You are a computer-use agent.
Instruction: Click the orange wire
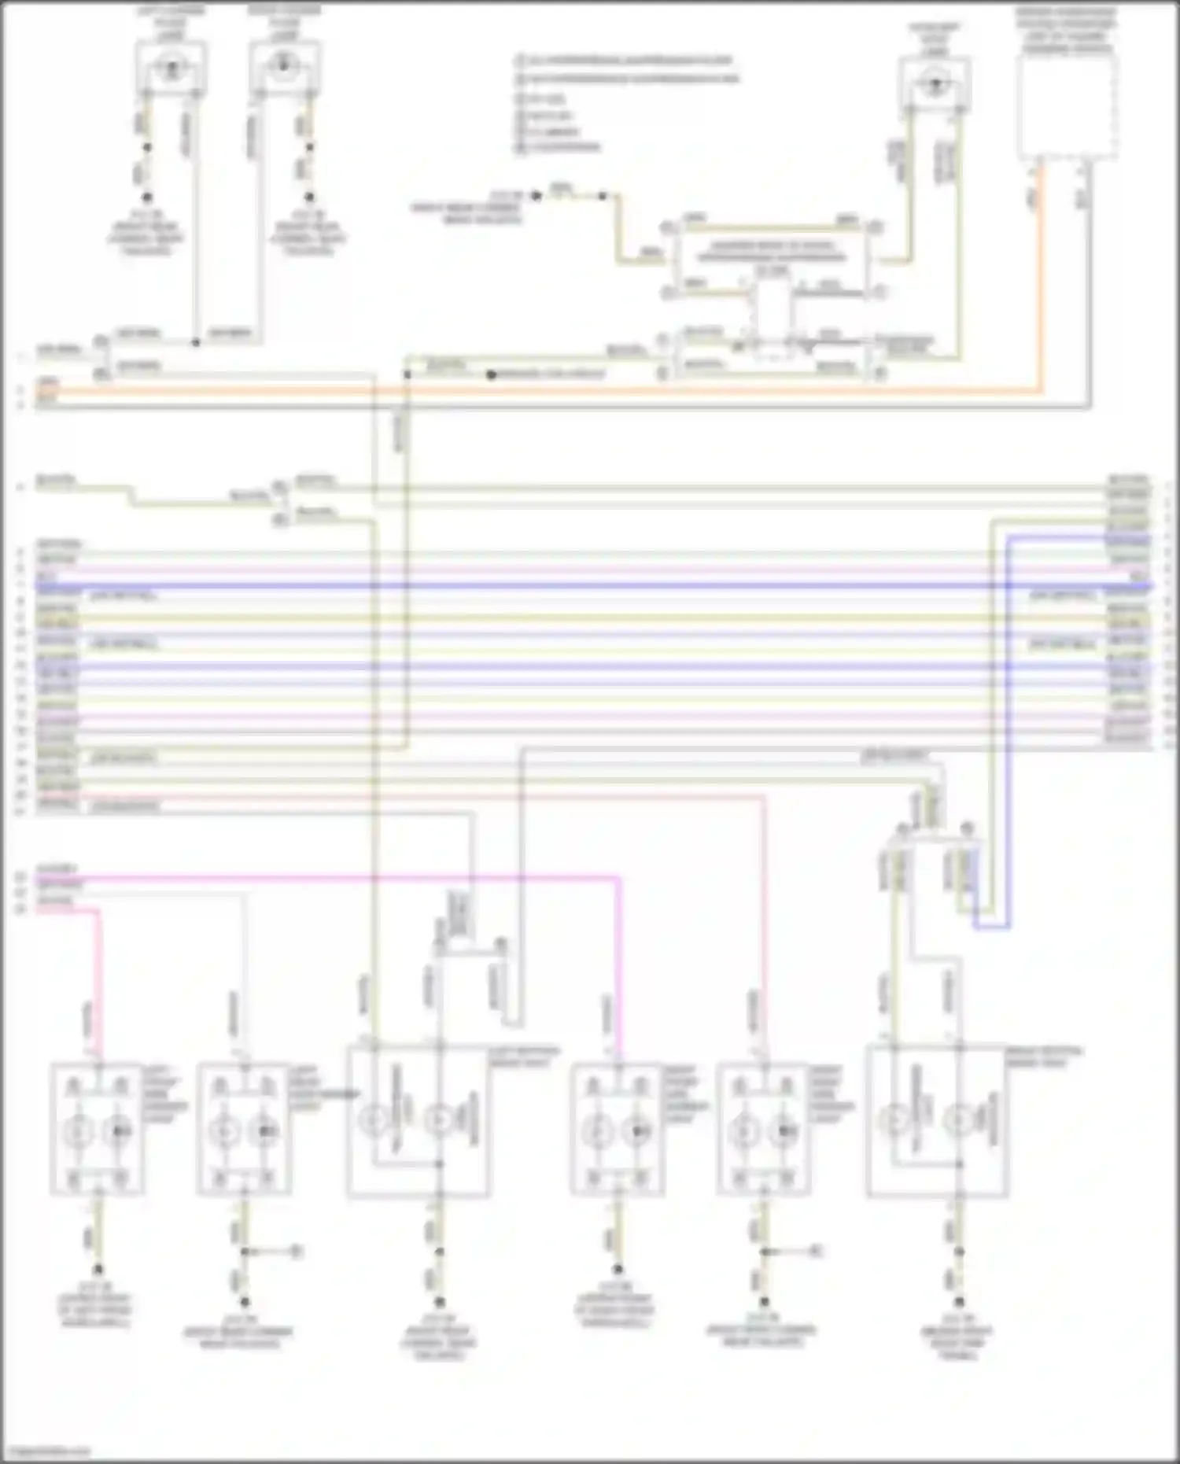pyautogui.click(x=551, y=390)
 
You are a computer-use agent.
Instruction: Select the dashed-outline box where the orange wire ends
pyautogui.click(x=1068, y=106)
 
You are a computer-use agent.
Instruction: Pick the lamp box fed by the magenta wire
pyautogui.click(x=616, y=1130)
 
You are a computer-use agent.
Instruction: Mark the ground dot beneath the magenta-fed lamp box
pyautogui.click(x=618, y=1268)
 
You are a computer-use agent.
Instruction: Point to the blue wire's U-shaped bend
pyautogui.click(x=991, y=927)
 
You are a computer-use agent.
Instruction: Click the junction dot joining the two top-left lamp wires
pyautogui.click(x=196, y=342)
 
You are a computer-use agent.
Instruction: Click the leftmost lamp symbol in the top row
pyautogui.click(x=171, y=68)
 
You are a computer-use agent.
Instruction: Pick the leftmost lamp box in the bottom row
pyautogui.click(x=98, y=1130)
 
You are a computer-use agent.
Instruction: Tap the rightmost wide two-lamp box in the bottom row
pyautogui.click(x=936, y=1122)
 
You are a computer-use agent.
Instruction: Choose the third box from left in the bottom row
pyautogui.click(x=418, y=1122)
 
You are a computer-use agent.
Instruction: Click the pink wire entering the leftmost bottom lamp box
pyautogui.click(x=99, y=983)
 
